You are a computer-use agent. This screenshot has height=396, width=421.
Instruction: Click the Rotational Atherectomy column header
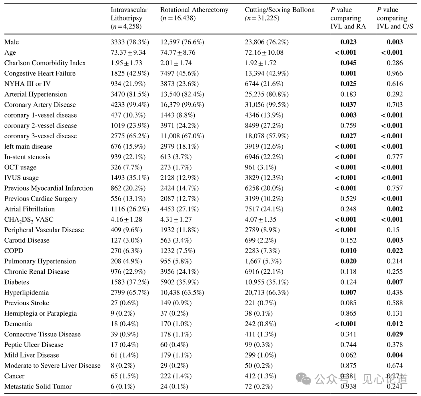point(194,14)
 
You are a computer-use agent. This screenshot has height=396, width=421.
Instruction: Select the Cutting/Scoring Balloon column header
point(279,14)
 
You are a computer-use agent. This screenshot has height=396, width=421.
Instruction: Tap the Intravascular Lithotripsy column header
point(129,18)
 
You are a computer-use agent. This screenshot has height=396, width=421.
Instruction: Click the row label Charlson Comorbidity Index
point(45,63)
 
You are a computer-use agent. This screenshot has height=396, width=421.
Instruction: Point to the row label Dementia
point(18,324)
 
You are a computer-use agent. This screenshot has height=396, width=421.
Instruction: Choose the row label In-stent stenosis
point(27,157)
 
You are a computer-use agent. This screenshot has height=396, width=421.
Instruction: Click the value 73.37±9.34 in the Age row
point(128,53)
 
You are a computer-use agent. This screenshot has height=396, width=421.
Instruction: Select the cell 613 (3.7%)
point(176,157)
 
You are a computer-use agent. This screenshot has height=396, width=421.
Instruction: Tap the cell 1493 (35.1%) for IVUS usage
point(130,178)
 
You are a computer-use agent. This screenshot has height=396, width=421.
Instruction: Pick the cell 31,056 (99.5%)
point(267,105)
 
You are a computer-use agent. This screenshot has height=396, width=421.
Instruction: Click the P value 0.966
point(395,74)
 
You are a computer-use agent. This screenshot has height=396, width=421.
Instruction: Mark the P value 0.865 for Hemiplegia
point(348,313)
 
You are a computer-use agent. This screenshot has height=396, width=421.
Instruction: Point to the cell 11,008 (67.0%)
point(182,136)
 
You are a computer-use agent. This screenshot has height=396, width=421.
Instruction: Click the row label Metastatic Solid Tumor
point(38,387)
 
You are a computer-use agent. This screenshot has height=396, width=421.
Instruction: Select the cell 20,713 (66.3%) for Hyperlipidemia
point(267,293)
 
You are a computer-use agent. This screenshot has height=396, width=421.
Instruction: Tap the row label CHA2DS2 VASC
point(29,220)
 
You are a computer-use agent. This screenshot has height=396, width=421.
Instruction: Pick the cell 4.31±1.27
point(176,219)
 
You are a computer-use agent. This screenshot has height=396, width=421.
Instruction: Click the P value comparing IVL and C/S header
point(395,18)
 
